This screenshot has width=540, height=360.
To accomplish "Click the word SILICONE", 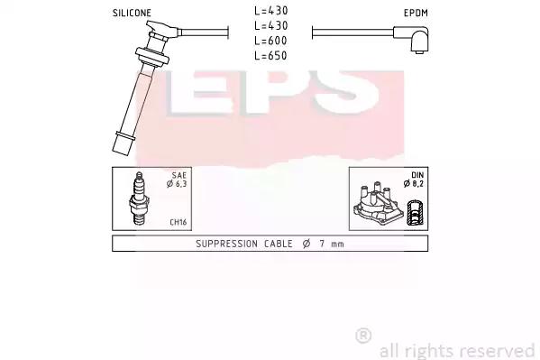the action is [x=132, y=14].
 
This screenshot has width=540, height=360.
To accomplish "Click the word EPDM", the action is [x=416, y=14].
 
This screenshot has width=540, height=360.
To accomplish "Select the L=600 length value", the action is [x=270, y=41].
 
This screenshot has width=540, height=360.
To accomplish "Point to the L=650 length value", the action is [x=270, y=56].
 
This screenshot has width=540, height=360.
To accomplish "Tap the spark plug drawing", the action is [x=139, y=198].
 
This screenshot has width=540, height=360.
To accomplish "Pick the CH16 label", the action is [x=178, y=222].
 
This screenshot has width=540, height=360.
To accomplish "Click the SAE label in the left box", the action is [x=179, y=175].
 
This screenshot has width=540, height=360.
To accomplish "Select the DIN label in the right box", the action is [x=417, y=175].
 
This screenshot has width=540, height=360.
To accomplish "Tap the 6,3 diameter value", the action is [x=181, y=184].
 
